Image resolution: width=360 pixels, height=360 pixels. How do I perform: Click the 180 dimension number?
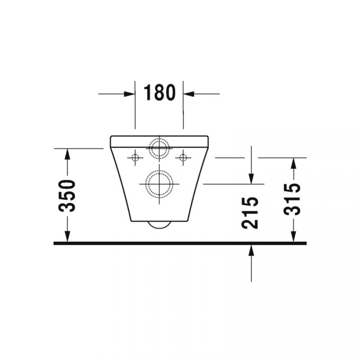(159, 92)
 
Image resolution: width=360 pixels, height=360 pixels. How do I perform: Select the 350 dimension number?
(67, 196)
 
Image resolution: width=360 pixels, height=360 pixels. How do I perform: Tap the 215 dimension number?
(250, 213)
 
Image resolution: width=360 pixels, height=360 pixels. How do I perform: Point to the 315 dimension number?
(292, 200)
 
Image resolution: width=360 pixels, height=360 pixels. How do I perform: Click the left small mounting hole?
(135, 158)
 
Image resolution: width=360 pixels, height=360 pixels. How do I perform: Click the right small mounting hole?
(183, 158)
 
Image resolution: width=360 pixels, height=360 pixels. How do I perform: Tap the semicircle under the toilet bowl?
(159, 228)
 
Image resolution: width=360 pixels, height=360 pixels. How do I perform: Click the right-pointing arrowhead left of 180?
(129, 94)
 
